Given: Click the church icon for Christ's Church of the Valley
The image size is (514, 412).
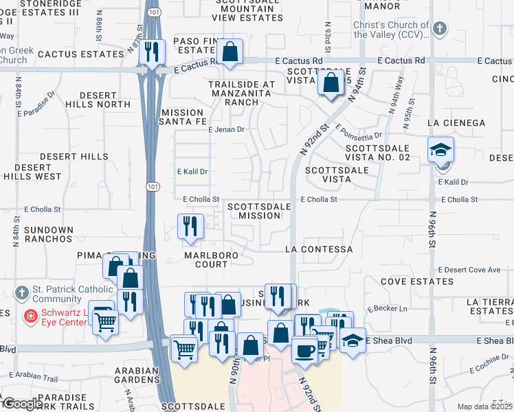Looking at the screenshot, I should pyautogui.click(x=440, y=30).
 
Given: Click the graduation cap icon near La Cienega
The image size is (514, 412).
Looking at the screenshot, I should pyautogui.click(x=440, y=149).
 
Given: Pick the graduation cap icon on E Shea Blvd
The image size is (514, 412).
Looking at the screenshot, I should pyautogui.click(x=353, y=339).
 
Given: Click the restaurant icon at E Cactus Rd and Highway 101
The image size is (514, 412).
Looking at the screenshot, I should pyautogui.click(x=150, y=51).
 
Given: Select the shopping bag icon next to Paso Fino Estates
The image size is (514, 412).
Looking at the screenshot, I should pyautogui.click(x=230, y=51).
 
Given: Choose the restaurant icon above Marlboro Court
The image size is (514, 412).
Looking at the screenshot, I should pyautogui.click(x=190, y=225).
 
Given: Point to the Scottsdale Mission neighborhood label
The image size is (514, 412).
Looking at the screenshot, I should pyautogui.click(x=254, y=211).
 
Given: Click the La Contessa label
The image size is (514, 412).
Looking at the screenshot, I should pyautogui.click(x=318, y=249).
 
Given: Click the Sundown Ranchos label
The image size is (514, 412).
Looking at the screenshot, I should pyautogui.click(x=47, y=234).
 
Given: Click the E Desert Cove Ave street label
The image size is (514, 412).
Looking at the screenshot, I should pyautogui.click(x=469, y=270).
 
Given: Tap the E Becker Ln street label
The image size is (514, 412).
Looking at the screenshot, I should pyautogui.click(x=388, y=308).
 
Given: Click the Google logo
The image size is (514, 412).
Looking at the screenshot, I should pyautogui.click(x=22, y=403).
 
